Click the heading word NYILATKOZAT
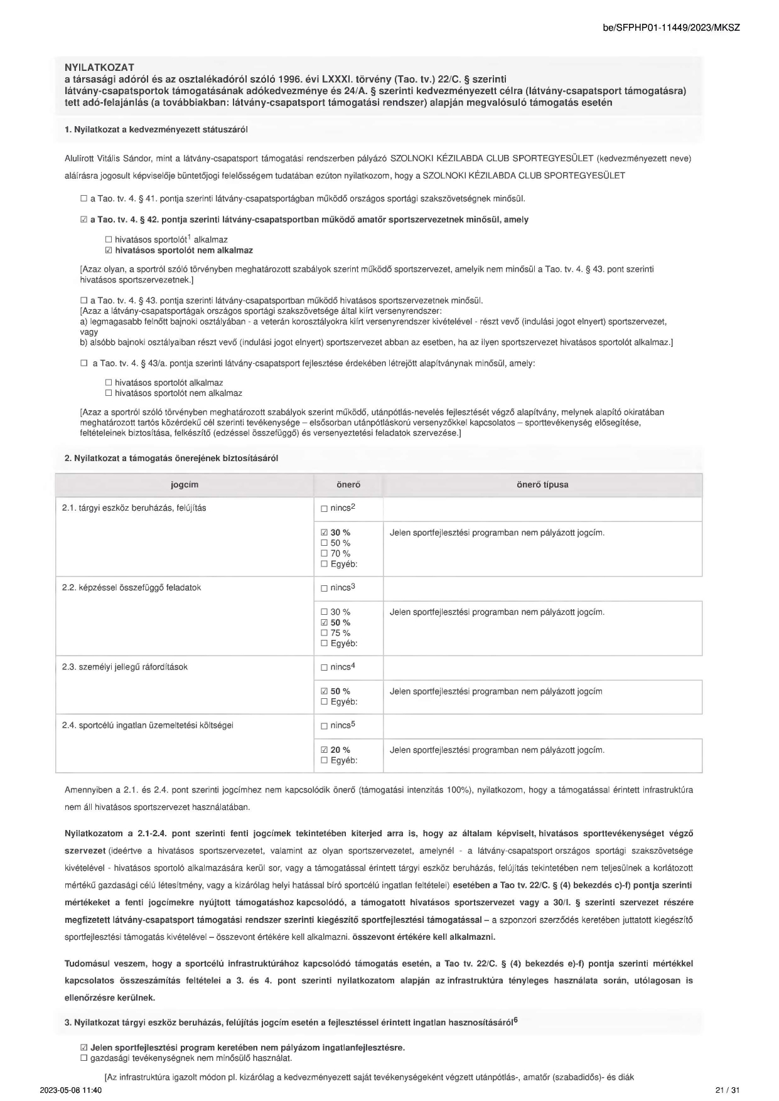pos(99,67)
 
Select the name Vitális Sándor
pos(122,158)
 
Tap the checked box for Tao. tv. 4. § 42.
pos(84,220)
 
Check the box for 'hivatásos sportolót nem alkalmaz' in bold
pos(109,250)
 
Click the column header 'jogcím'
pos(184,485)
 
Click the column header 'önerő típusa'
pos(542,485)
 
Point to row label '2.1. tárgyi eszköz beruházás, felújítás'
pos(134,508)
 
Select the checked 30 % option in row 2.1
pos(325,533)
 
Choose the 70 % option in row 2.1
pos(325,553)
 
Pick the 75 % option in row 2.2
pos(325,633)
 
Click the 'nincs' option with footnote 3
pos(325,588)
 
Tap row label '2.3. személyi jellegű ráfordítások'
pos(125,667)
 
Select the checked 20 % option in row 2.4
pos(325,750)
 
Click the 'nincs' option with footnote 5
pos(325,726)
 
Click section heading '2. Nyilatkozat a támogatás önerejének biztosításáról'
pos(171,458)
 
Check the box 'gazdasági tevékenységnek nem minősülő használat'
pos(84,1058)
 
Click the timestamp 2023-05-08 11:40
pos(70,1090)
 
